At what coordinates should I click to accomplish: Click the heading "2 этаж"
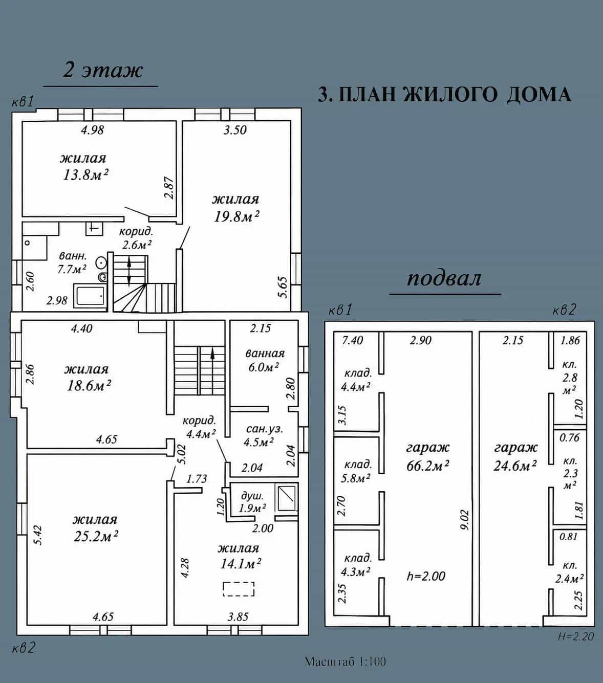click(x=103, y=71)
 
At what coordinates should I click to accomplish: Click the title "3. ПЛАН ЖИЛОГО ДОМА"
click(x=444, y=94)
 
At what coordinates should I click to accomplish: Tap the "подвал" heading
click(x=444, y=279)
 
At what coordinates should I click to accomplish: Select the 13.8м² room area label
click(x=85, y=174)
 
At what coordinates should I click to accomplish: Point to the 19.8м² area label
click(x=236, y=216)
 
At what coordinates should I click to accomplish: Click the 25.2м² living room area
click(x=96, y=536)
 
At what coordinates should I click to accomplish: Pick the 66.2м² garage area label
click(x=427, y=466)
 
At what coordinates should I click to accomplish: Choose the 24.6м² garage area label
click(x=515, y=466)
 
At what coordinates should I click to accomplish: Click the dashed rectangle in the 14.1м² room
click(x=239, y=598)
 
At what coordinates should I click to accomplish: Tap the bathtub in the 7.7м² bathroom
click(x=90, y=296)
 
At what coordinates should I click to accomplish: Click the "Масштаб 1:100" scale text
click(x=346, y=662)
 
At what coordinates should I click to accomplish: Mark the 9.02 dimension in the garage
click(x=465, y=519)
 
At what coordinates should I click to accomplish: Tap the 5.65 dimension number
click(x=283, y=287)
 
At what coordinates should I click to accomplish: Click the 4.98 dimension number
click(x=93, y=130)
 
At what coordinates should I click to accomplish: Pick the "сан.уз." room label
click(x=265, y=429)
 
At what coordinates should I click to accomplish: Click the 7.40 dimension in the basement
click(x=352, y=340)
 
